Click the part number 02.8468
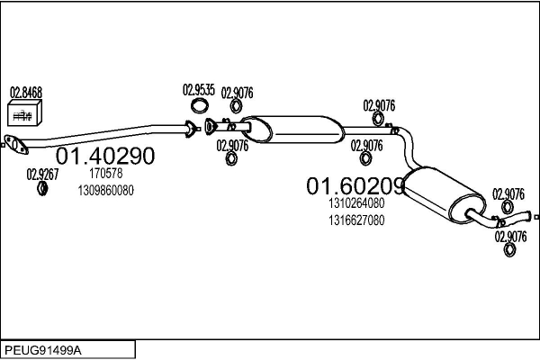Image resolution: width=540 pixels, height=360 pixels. click(x=25, y=92)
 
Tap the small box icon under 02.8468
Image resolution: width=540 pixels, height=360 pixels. click(x=23, y=113)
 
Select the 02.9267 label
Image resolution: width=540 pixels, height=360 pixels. click(x=41, y=174)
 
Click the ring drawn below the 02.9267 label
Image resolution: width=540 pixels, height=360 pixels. click(x=41, y=188)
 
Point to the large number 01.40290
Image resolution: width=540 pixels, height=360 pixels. click(x=105, y=156)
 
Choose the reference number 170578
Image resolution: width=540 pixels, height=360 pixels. click(x=106, y=173)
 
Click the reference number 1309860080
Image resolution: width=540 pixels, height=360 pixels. click(x=106, y=190)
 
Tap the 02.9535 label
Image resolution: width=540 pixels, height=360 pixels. click(x=198, y=90)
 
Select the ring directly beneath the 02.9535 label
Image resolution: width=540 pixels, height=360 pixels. click(x=198, y=105)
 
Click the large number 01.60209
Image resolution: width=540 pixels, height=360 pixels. click(x=355, y=186)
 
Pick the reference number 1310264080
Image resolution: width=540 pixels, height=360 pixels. click(x=355, y=203)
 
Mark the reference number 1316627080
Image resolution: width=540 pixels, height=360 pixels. click(x=355, y=220)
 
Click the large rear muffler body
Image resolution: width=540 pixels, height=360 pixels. click(x=442, y=193)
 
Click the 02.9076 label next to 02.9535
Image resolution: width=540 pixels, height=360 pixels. click(x=237, y=91)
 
